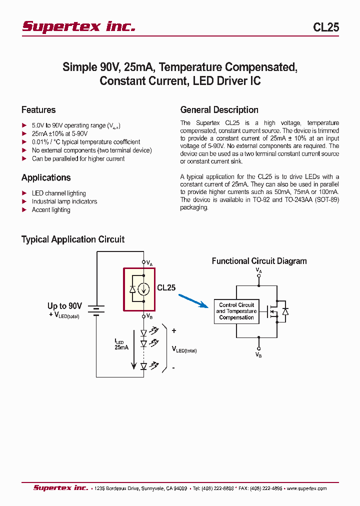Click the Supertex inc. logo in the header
(x=78, y=26)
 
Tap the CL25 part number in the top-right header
(x=326, y=27)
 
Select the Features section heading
(x=38, y=110)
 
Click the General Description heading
(x=219, y=110)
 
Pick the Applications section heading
(x=46, y=178)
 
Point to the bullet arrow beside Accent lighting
(x=24, y=210)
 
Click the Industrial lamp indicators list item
(x=64, y=201)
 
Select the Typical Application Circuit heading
(x=73, y=239)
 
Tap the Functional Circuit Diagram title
(x=259, y=261)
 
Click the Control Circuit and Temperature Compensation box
(x=236, y=311)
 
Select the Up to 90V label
(x=64, y=306)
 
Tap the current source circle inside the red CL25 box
(x=143, y=288)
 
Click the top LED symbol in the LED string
(x=143, y=332)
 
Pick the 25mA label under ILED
(x=121, y=347)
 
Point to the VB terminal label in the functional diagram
(x=258, y=354)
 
